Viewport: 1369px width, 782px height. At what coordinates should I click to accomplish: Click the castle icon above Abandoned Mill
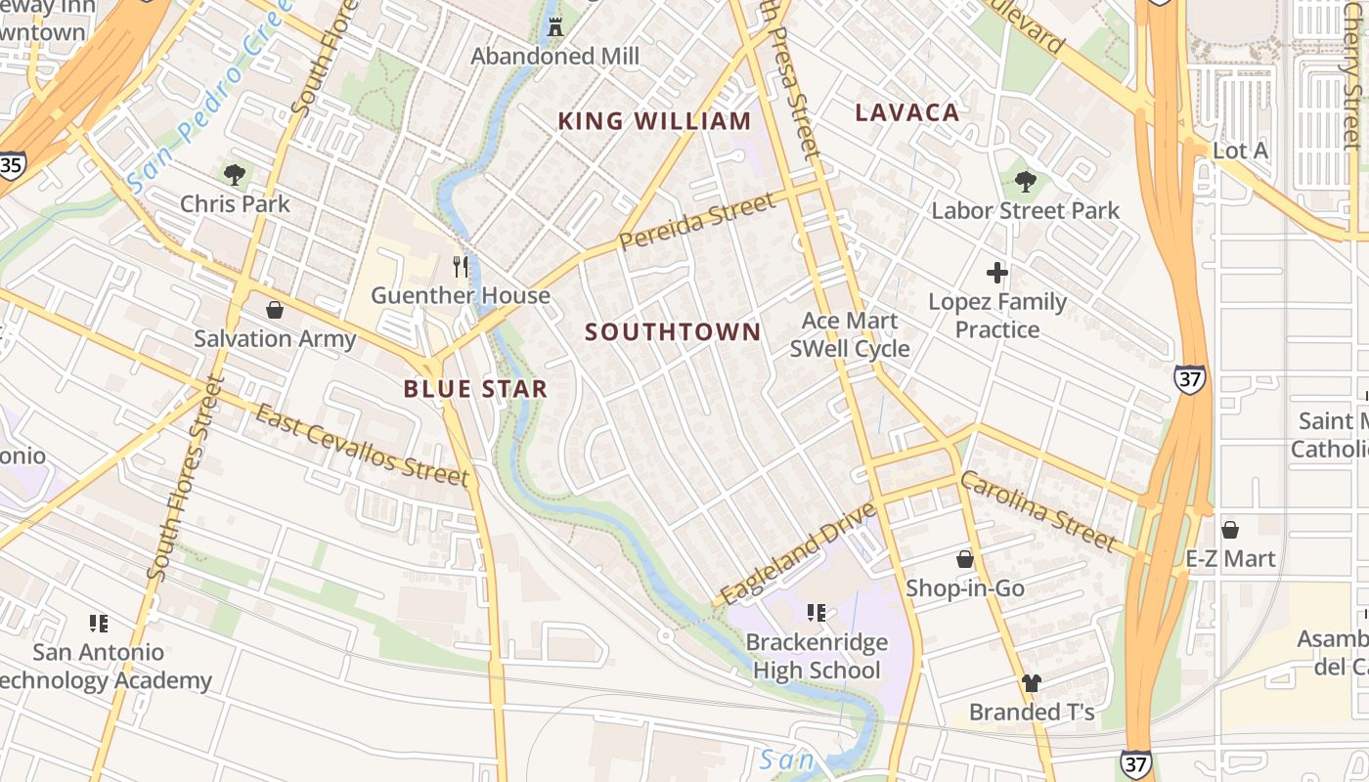[555, 26]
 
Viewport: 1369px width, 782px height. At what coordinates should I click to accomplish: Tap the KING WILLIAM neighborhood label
[654, 121]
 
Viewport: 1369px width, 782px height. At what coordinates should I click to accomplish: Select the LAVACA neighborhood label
[906, 112]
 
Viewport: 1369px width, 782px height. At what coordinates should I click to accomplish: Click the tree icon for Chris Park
[234, 175]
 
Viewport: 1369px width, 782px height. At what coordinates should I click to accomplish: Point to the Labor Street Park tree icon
[1025, 181]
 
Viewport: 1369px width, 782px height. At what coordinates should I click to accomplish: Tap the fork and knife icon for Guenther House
[461, 266]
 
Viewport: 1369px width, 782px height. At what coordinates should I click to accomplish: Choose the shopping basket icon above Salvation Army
[275, 310]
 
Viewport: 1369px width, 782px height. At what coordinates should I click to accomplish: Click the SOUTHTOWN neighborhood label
[673, 332]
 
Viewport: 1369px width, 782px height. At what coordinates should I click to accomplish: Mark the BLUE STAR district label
[475, 389]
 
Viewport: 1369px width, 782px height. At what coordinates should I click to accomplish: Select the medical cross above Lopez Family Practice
[997, 273]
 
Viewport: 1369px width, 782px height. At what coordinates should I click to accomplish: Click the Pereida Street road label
[697, 222]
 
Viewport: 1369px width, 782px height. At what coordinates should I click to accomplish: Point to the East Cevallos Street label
[361, 446]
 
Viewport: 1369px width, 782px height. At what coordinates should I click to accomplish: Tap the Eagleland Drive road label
[797, 554]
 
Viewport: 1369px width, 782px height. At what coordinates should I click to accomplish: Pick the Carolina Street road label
[1038, 510]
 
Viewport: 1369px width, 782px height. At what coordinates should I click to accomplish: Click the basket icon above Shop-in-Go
[965, 559]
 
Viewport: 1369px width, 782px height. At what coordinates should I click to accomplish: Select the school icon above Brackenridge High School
[816, 613]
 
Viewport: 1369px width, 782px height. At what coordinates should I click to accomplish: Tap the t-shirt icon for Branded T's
[1032, 682]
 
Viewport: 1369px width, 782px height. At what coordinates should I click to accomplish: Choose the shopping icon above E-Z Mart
[1230, 530]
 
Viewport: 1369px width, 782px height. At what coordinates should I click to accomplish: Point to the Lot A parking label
[1240, 151]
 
